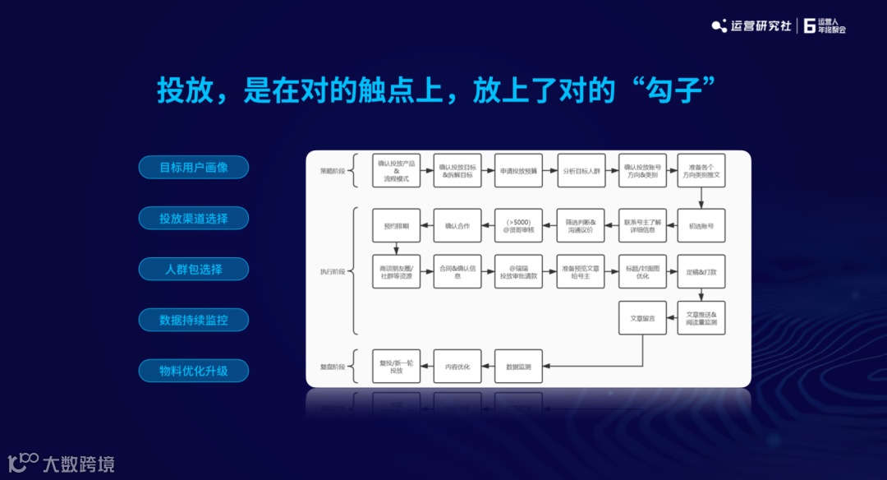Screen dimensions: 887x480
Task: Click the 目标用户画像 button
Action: pos(193,168)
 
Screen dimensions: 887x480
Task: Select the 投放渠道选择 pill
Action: pos(193,219)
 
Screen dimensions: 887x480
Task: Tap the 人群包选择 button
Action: pos(193,269)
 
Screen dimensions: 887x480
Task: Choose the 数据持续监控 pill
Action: pos(193,320)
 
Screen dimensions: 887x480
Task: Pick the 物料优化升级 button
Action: pos(193,371)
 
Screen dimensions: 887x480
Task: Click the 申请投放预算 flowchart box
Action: pos(518,171)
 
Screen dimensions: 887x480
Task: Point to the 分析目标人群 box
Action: pos(581,171)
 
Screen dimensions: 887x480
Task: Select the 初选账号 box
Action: pos(701,225)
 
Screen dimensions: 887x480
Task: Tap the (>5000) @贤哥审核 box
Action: pos(518,225)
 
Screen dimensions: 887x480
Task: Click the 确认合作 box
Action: pos(457,225)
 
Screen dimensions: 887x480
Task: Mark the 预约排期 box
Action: pos(396,225)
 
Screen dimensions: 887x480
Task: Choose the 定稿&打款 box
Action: pos(701,271)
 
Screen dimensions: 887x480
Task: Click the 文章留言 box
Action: pos(641,318)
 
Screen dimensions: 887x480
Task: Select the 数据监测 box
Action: pos(518,367)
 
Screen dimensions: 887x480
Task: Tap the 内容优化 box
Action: pos(457,367)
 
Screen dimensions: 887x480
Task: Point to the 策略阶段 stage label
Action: pos(333,171)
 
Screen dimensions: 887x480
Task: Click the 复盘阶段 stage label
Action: pos(333,367)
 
